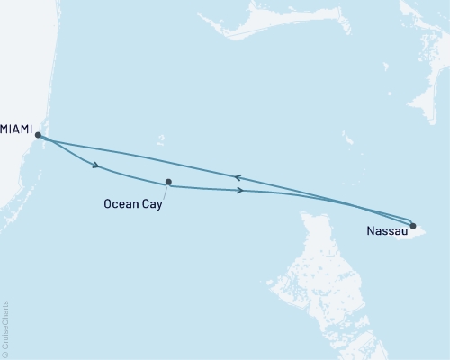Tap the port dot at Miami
click(38, 135)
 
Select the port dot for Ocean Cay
click(168, 182)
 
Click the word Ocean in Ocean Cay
click(122, 204)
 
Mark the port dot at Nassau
click(412, 225)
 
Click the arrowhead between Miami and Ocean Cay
click(94, 164)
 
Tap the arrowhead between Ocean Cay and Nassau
click(238, 190)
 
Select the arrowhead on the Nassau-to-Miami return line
click(237, 177)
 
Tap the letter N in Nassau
click(370, 232)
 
